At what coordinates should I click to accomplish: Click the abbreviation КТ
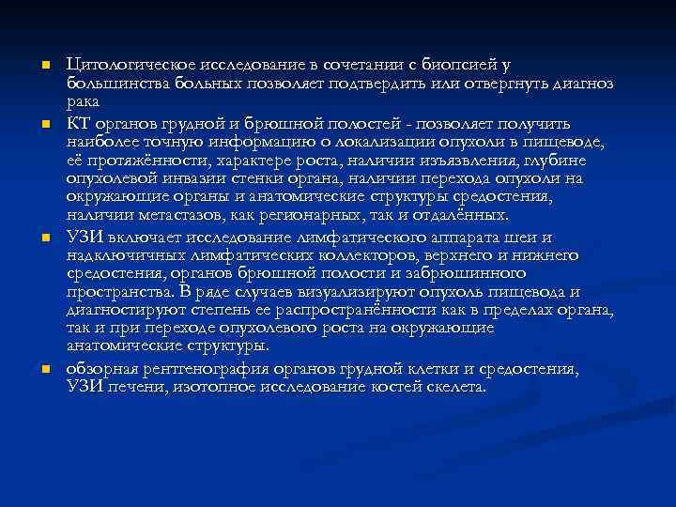click(78, 123)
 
